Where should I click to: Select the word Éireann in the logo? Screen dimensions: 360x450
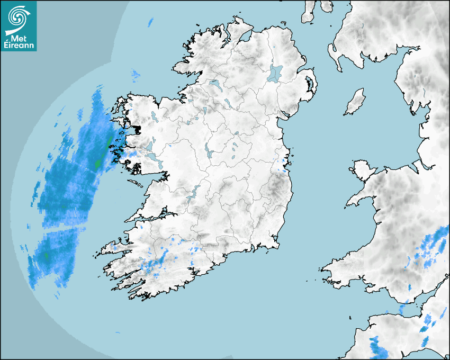[x=19, y=47]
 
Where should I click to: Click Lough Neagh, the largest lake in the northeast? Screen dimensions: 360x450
[x=276, y=73]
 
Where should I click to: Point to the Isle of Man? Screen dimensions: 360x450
[x=355, y=102]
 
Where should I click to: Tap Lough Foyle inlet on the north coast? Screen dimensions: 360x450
[x=244, y=37]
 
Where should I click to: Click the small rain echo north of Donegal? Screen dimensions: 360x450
[x=151, y=22]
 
